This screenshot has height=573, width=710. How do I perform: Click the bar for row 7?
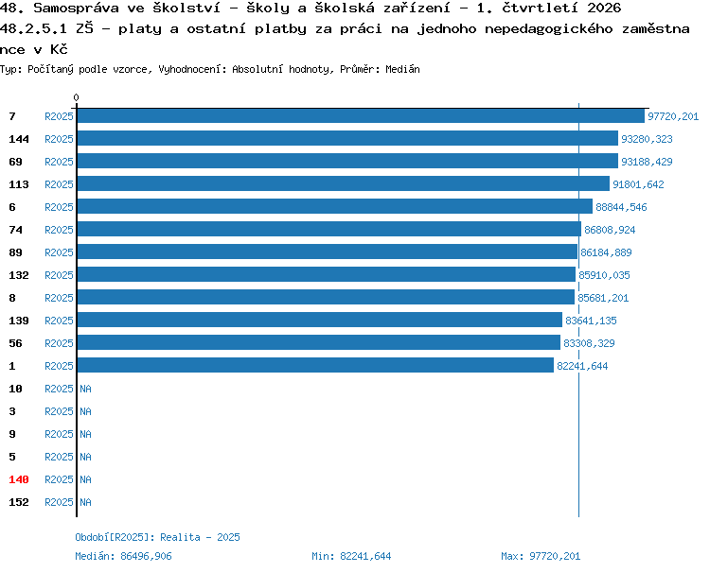tap(361, 115)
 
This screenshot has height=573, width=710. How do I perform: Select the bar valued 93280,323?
tap(347, 138)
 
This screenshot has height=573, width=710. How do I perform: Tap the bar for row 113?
tap(344, 183)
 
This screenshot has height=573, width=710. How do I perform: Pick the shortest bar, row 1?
tap(315, 365)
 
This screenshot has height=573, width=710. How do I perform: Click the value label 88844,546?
tap(621, 207)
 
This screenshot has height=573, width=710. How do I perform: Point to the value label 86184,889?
tap(606, 252)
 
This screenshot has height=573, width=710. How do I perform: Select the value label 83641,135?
tap(591, 321)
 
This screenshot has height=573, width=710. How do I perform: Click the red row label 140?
tap(19, 479)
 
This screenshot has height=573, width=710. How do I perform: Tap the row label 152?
tap(19, 502)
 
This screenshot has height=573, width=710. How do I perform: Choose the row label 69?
tap(15, 162)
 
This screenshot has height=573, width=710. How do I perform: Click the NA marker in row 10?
tap(85, 389)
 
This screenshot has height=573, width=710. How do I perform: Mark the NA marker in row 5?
tap(85, 457)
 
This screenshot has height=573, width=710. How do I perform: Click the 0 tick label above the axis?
tap(76, 97)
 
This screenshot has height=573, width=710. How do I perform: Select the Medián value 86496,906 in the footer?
tap(146, 556)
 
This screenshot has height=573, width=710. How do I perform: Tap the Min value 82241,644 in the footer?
tap(365, 556)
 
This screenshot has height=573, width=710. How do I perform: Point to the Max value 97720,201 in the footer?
tap(555, 556)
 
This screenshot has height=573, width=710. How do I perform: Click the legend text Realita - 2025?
tap(200, 537)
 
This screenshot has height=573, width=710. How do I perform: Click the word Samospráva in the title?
tap(76, 8)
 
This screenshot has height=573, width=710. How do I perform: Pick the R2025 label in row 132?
tap(59, 275)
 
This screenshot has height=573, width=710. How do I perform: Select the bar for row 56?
tap(319, 342)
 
